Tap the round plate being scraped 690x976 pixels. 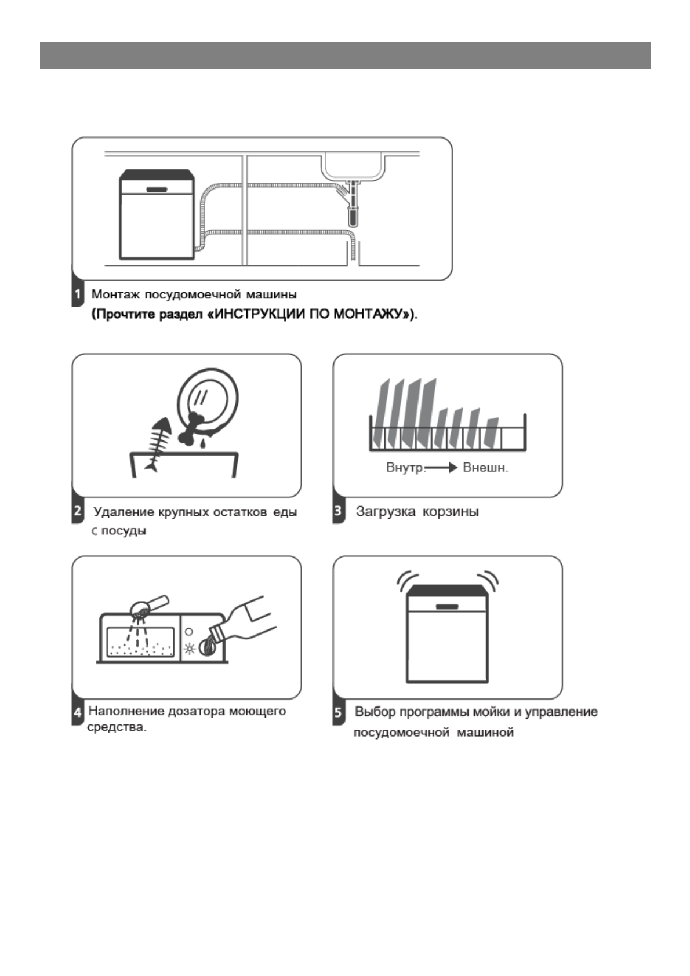coord(208,398)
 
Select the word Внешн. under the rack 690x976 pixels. coord(485,468)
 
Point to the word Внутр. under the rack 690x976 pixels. coord(405,468)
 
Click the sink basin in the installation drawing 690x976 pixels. coord(354,166)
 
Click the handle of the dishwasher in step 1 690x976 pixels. coord(157,189)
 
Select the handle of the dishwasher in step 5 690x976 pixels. coord(447,606)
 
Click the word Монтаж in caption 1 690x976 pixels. coord(115,294)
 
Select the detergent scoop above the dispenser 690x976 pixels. coord(147,606)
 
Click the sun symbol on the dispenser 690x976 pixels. coord(189,649)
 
